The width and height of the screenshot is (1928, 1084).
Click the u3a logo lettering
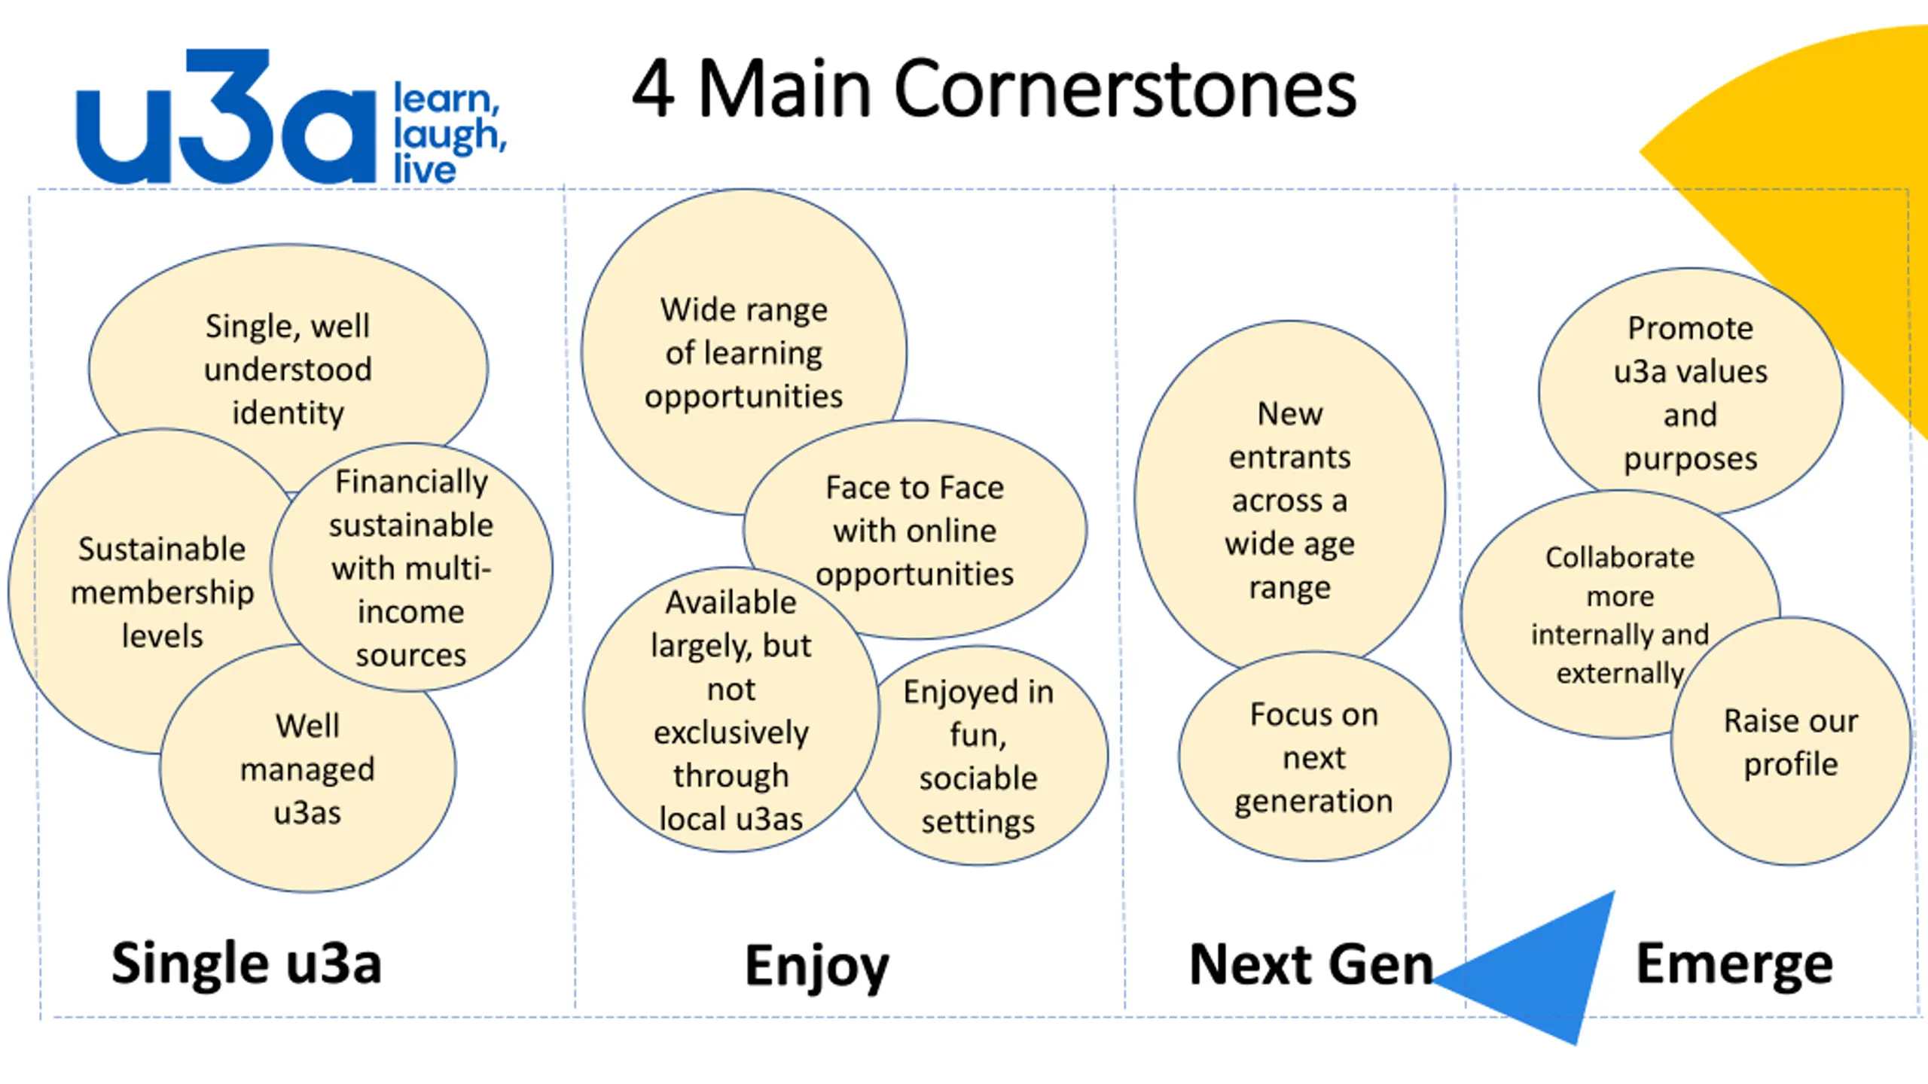[x=226, y=120]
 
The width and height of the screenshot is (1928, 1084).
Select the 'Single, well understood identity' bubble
[x=288, y=369]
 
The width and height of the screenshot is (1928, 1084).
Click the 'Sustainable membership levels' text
[x=162, y=592]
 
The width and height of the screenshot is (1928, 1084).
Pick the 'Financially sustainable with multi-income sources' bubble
[x=411, y=568]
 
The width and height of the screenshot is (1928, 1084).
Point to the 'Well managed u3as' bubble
[x=307, y=769]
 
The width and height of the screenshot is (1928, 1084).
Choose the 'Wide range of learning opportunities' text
[x=743, y=353]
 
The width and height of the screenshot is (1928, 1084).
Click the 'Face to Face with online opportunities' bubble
[x=914, y=531]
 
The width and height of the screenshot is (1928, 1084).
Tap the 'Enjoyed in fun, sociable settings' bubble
[x=978, y=757]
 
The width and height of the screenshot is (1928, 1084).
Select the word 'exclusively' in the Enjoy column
[x=731, y=732]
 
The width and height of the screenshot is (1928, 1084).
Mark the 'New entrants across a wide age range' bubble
[x=1289, y=500]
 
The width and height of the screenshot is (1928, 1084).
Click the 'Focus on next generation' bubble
[x=1313, y=757]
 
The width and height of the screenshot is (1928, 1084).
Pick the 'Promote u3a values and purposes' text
[x=1690, y=393]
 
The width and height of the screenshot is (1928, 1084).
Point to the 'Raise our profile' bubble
[x=1791, y=742]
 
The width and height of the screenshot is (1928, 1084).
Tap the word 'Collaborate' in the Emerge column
[x=1620, y=558]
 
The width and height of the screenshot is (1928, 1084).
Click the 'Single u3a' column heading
[x=246, y=964]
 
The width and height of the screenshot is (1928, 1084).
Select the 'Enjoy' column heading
[x=816, y=966]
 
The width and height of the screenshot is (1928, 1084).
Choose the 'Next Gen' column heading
[x=1310, y=965]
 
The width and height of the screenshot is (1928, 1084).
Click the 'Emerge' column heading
[x=1734, y=964]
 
